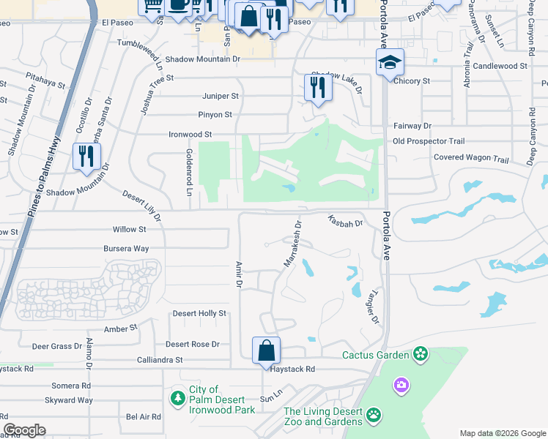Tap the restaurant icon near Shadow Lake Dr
pos(318,87)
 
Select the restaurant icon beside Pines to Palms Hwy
pos(86,157)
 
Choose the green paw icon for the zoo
pos(374,416)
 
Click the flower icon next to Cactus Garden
pos(420,355)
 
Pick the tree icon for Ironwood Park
pos(177,399)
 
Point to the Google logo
pos(24,430)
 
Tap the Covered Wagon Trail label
pos(470,158)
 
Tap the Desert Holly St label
pos(199,313)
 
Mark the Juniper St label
pos(221,96)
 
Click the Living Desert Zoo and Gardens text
pos(323,416)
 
